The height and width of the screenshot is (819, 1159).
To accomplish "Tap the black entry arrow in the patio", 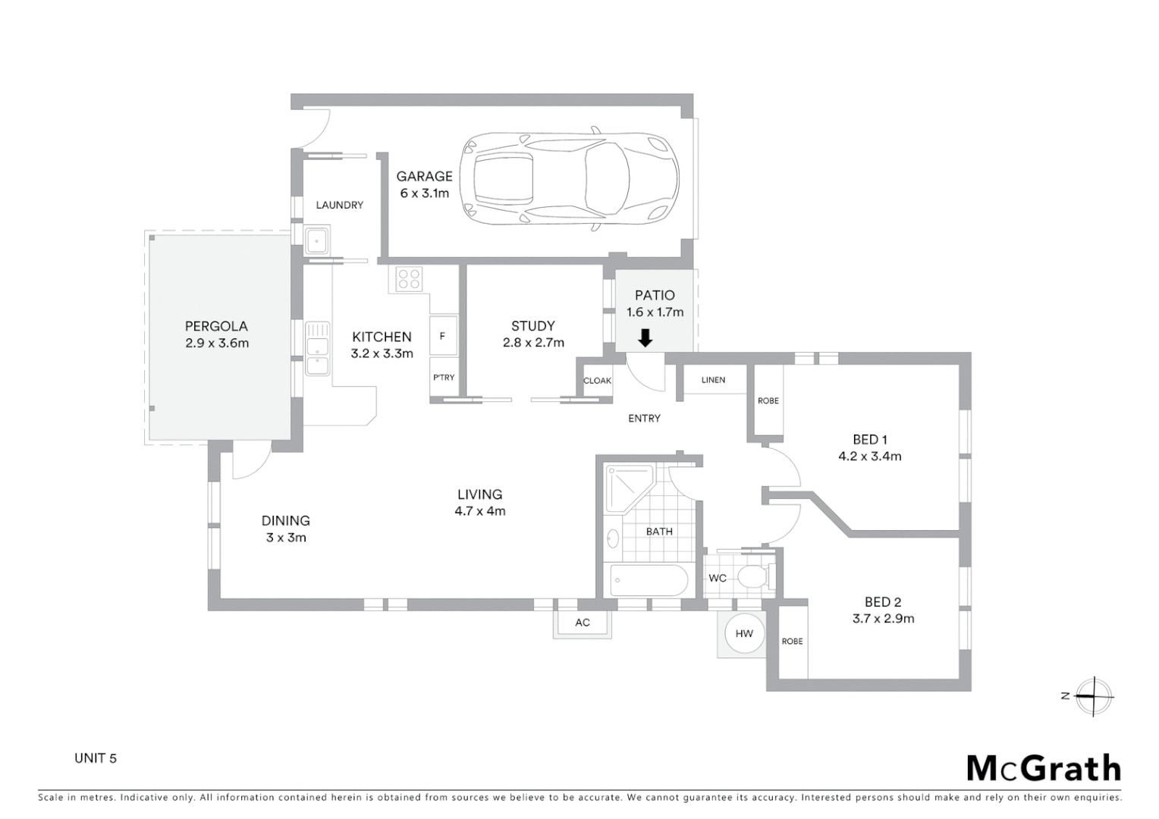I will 645,337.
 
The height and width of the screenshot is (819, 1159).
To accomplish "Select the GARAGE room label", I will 424,176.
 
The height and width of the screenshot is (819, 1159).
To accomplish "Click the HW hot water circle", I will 743,633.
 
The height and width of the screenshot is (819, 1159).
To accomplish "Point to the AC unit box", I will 582,623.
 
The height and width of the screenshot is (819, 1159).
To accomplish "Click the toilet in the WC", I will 753,578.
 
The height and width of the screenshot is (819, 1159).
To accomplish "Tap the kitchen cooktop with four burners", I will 410,280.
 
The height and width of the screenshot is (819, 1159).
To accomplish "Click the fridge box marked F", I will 443,336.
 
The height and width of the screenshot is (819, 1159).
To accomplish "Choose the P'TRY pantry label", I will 444,378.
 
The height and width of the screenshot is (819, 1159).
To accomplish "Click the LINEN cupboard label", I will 713,380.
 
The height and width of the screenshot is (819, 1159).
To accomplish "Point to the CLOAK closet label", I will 597,381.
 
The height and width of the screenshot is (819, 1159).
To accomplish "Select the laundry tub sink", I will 316,241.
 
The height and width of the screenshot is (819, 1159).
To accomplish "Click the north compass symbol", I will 1092,696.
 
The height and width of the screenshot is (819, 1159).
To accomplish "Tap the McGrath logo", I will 1044,768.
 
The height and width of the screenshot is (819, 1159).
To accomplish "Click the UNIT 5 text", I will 96,758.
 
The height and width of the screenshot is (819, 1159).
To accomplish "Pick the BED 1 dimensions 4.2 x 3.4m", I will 869,457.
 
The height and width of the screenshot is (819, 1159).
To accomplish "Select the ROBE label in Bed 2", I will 792,642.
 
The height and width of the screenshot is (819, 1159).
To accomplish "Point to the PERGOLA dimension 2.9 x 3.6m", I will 217,343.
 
